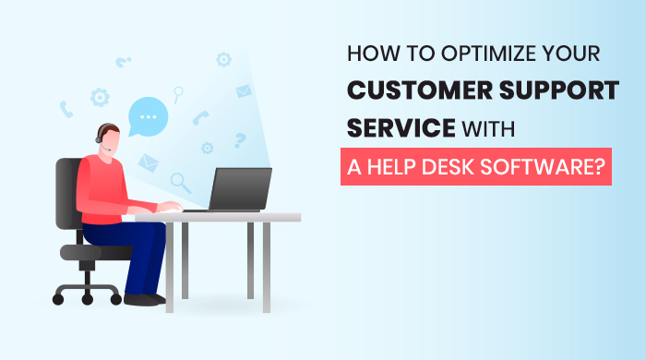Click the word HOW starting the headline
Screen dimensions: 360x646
(x=369, y=54)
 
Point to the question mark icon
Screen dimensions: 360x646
(x=240, y=140)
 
